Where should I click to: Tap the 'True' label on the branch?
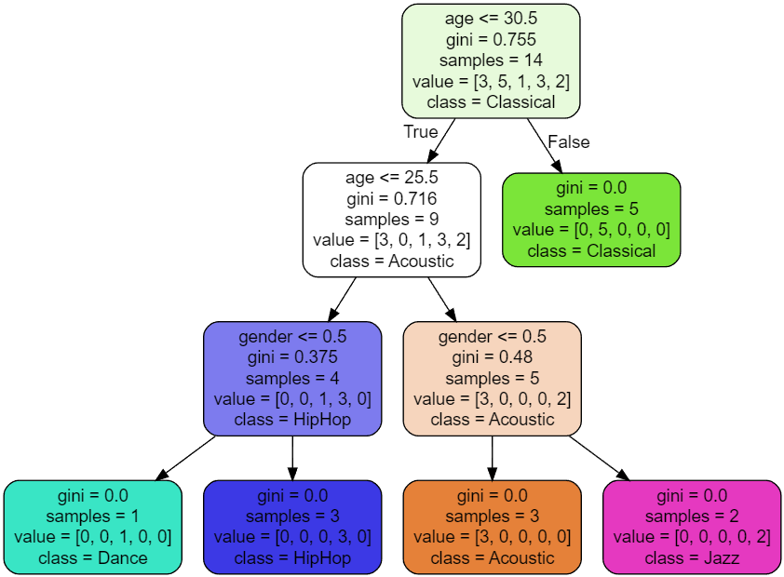coord(420,131)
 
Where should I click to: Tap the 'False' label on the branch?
coord(568,141)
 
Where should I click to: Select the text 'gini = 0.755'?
coord(491,40)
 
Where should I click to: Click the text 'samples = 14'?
coord(491,60)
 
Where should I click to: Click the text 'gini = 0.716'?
coord(391,198)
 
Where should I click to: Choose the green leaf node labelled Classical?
coord(591,219)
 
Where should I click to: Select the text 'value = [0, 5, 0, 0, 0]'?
coord(591,229)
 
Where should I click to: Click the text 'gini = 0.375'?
coord(292,357)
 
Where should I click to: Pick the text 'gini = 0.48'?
coord(492,357)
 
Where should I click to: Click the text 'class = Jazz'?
coord(691,558)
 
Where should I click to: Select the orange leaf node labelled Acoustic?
coord(492,526)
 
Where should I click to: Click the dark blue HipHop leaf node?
coord(292,526)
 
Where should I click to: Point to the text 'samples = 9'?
coord(391,219)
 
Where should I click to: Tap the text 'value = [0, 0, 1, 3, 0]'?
coord(292,398)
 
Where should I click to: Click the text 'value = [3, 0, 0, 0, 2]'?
coord(492,398)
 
